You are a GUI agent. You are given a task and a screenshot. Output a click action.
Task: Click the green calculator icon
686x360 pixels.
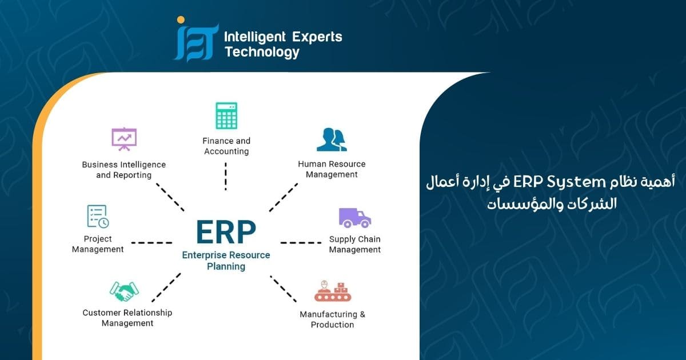pyautogui.click(x=226, y=116)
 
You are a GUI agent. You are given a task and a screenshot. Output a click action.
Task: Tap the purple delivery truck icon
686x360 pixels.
pyautogui.click(x=354, y=217)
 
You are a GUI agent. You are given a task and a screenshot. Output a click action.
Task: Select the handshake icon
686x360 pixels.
pyautogui.click(x=124, y=291)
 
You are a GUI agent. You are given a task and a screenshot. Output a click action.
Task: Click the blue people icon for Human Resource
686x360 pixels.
pyautogui.click(x=332, y=140)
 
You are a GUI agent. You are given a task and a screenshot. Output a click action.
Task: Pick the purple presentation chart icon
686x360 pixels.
pyautogui.click(x=124, y=139)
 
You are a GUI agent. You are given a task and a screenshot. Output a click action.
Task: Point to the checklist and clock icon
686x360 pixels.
pyautogui.click(x=98, y=217)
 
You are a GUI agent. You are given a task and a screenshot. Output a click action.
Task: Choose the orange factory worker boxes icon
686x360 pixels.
pyautogui.click(x=332, y=291)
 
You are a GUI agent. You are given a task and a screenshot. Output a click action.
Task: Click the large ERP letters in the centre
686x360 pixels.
pyautogui.click(x=226, y=232)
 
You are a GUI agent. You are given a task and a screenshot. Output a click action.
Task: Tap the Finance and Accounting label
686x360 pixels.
pyautogui.click(x=226, y=146)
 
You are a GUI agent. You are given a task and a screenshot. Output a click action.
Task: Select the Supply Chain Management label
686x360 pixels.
pyautogui.click(x=354, y=245)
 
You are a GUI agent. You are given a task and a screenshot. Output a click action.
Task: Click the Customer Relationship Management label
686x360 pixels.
pyautogui.click(x=127, y=318)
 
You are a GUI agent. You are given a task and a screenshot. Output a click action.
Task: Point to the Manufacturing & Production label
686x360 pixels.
pyautogui.click(x=332, y=319)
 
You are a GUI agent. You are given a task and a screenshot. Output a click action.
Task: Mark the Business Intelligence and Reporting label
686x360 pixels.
pyautogui.click(x=123, y=170)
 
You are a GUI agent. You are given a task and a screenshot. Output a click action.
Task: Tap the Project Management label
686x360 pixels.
pyautogui.click(x=98, y=244)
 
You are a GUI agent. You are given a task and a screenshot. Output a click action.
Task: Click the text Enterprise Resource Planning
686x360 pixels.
pyautogui.click(x=226, y=261)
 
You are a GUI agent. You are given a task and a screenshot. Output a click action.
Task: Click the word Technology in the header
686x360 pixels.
pyautogui.click(x=262, y=53)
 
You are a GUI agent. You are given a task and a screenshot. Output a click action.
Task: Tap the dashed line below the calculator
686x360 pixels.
pyautogui.click(x=226, y=176)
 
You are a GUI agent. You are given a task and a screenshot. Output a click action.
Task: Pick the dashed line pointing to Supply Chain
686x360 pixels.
pyautogui.click(x=301, y=242)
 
